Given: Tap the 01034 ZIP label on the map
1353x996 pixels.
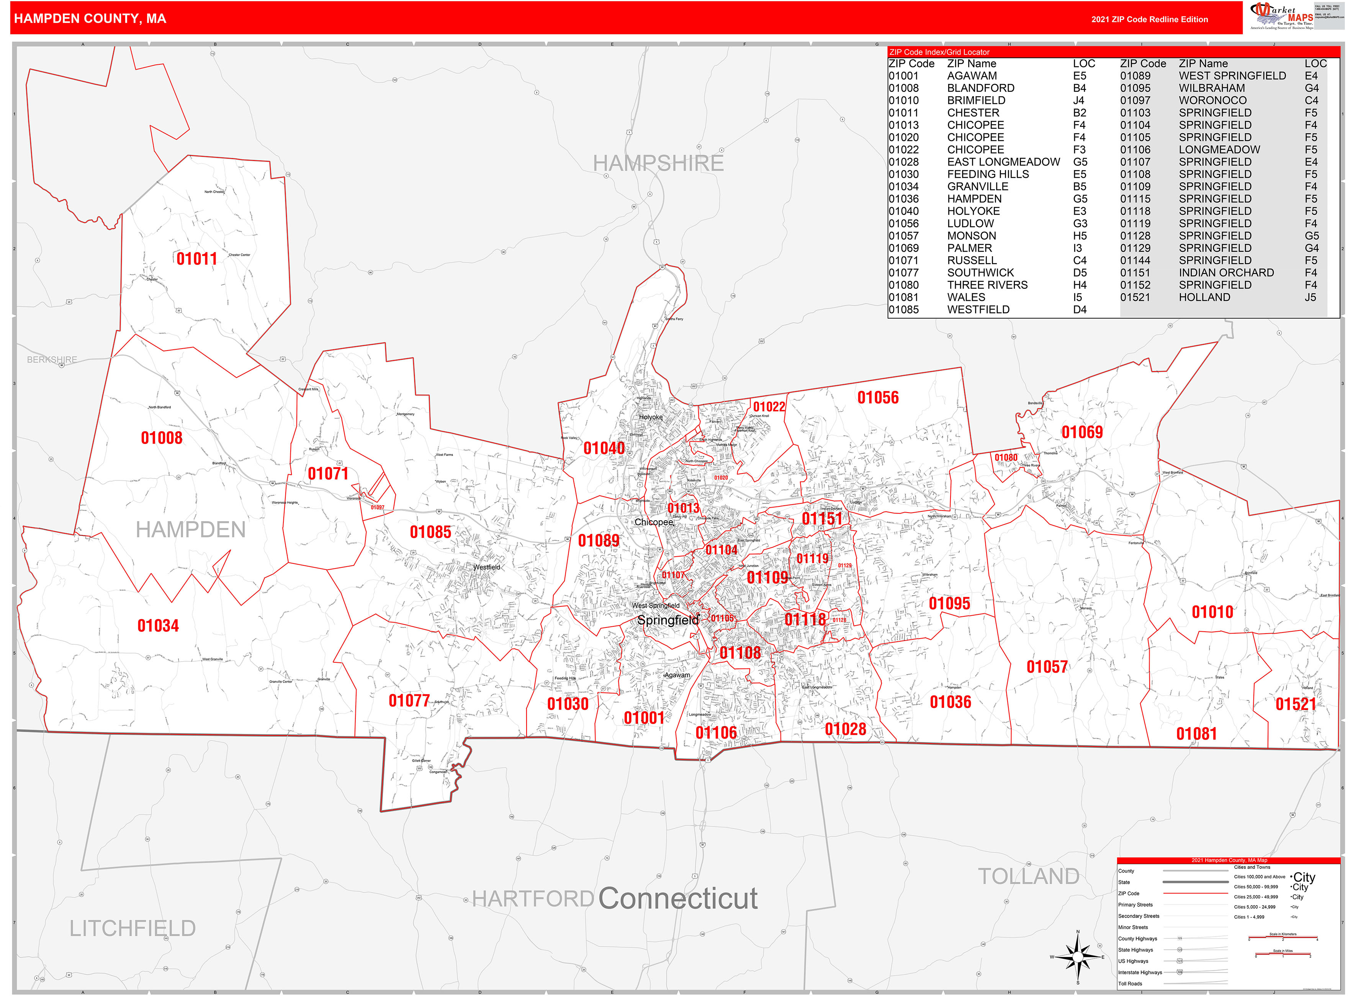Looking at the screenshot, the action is point(158,626).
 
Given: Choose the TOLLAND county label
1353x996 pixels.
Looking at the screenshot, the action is point(1028,876).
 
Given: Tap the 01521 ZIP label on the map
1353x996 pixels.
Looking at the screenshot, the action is point(1295,704).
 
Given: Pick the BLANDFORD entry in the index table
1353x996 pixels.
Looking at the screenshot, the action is point(980,88).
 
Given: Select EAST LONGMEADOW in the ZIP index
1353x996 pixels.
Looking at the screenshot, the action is point(1003,162).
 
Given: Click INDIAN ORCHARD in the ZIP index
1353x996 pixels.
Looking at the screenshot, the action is point(1227,272).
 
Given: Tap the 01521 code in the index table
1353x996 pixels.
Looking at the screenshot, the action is point(1135,297).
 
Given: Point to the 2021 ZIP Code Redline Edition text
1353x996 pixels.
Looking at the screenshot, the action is point(1149,19).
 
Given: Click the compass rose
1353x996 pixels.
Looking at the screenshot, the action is point(1078,957).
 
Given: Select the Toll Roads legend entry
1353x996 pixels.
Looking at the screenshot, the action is point(1130,983).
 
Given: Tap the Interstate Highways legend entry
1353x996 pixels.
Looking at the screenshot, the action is point(1140,973).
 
